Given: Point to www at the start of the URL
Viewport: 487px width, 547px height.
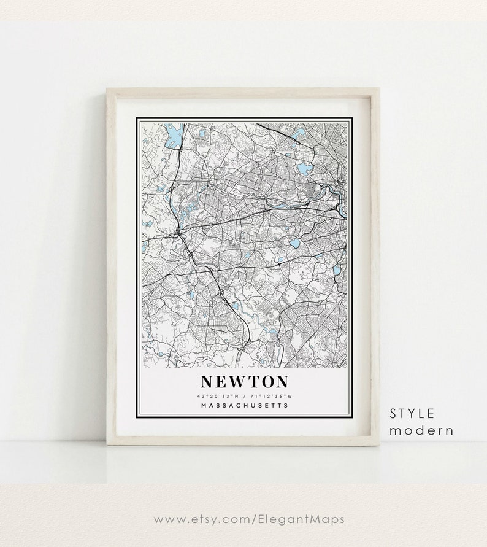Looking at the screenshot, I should click(x=167, y=519).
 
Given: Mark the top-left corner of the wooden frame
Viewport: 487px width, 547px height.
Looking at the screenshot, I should click(x=108, y=88).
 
